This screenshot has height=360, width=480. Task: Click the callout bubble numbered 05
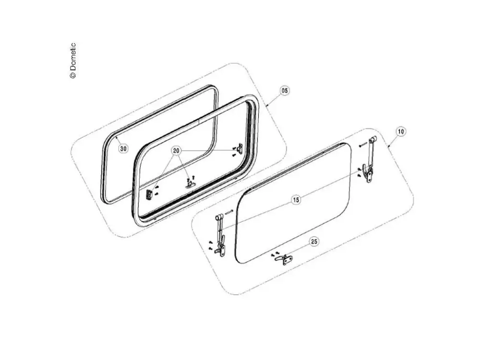pyautogui.click(x=285, y=91)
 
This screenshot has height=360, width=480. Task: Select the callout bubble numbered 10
pyautogui.click(x=401, y=132)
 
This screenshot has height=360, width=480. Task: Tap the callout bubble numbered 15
pyautogui.click(x=296, y=200)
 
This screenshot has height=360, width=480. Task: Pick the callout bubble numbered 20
pyautogui.click(x=176, y=151)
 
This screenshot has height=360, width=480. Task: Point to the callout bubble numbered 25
pyautogui.click(x=314, y=241)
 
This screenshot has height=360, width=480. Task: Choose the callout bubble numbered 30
pyautogui.click(x=123, y=149)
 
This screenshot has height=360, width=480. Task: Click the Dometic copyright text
pyautogui.click(x=72, y=60)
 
